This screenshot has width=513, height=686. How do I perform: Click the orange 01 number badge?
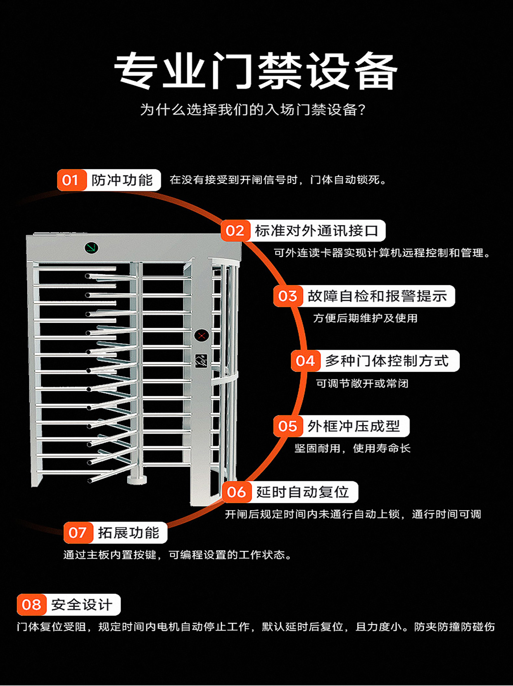(71, 180)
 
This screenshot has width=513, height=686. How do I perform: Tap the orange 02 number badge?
(235, 231)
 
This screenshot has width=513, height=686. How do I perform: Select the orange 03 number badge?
(287, 296)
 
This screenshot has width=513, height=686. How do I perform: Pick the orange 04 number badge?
(305, 361)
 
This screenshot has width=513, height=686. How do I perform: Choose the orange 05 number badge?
(287, 426)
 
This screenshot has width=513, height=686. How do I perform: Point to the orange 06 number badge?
(237, 492)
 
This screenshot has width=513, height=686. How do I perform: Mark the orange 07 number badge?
(78, 533)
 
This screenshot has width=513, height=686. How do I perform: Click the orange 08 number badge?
(31, 605)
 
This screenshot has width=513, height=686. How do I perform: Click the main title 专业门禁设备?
(256, 71)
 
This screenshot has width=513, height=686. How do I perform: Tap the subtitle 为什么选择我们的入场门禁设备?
(253, 110)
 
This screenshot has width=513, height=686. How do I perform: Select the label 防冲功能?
(122, 180)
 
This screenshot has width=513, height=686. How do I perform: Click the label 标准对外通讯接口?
(316, 231)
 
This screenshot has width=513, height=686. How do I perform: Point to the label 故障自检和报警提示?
(377, 296)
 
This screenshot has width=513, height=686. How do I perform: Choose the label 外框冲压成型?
(354, 426)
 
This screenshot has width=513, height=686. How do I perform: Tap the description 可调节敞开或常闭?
(362, 383)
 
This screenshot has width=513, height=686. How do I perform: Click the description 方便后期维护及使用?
(365, 318)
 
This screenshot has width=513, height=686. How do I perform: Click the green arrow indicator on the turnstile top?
(91, 248)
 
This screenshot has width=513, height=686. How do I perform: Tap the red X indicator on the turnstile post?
(202, 335)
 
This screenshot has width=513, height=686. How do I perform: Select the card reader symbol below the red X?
(202, 361)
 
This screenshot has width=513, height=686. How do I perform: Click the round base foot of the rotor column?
(137, 479)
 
